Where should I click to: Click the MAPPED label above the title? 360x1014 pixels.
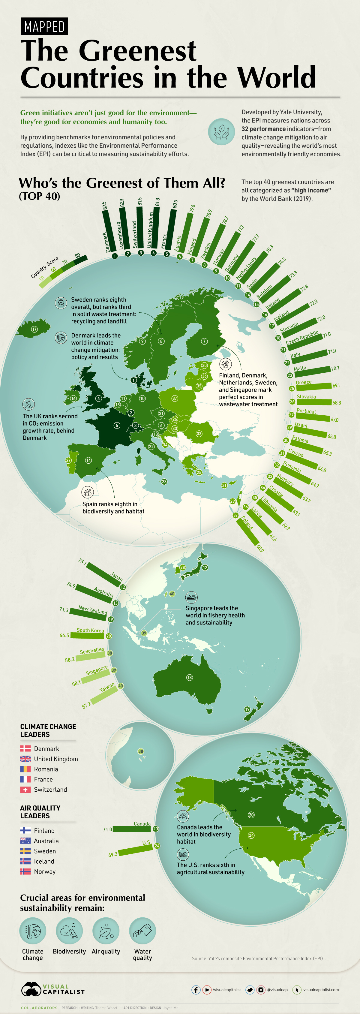(44, 27)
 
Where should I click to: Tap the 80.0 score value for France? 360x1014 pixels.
(175, 204)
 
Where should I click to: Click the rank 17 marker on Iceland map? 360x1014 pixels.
(34, 329)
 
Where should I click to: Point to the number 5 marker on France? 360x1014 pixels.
(117, 425)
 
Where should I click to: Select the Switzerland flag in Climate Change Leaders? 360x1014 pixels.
(25, 789)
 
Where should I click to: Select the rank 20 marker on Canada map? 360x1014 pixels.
(251, 814)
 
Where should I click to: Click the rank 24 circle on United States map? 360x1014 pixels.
(251, 835)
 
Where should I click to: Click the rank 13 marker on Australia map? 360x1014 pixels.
(190, 677)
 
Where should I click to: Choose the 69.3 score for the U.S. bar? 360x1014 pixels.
(113, 855)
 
